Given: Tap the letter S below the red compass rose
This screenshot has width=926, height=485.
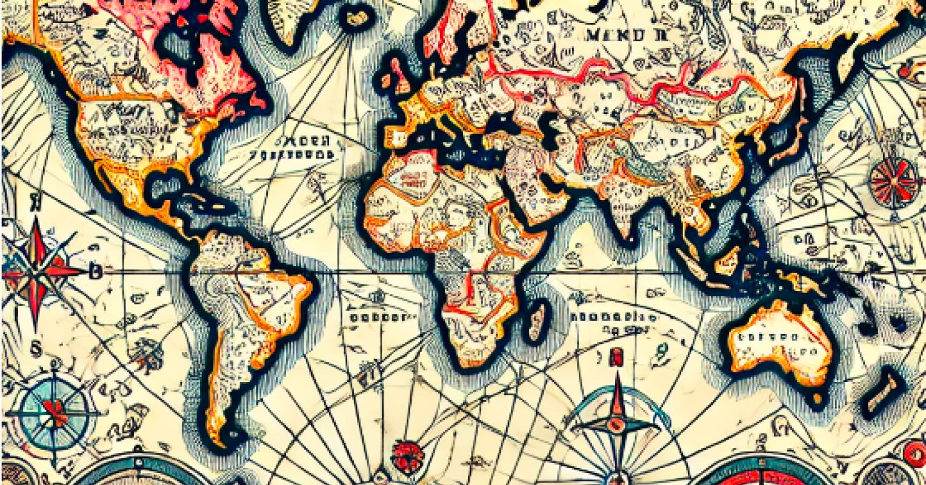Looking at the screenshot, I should (x=36, y=349).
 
